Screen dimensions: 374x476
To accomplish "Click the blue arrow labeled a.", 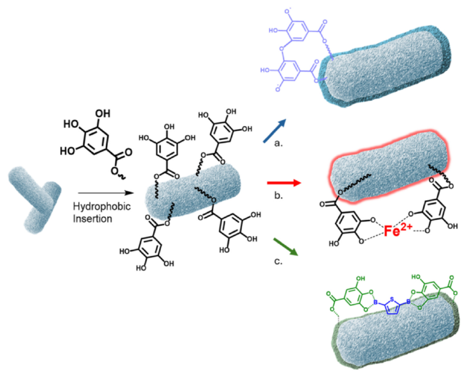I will pyautogui.click(x=275, y=131).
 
